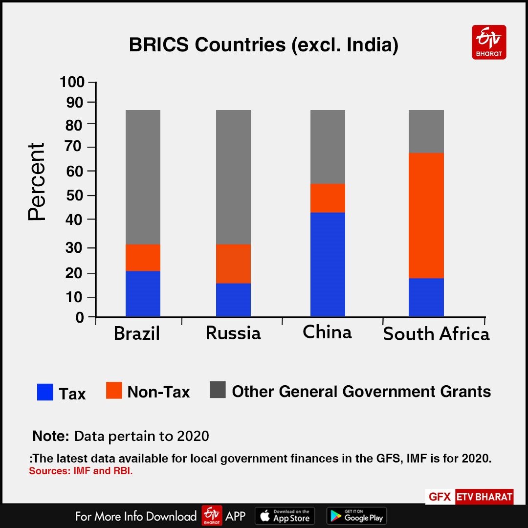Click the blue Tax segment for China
(x=328, y=264)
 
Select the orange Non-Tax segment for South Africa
(x=426, y=215)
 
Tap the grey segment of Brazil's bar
(x=143, y=177)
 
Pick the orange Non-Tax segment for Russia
(x=233, y=264)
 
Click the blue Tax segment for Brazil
(x=143, y=293)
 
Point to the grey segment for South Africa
(x=426, y=132)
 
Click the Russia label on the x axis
(x=233, y=333)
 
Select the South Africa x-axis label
(x=436, y=334)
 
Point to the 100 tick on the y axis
(x=72, y=82)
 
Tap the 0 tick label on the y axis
(x=80, y=318)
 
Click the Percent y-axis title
(x=37, y=182)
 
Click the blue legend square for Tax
(x=45, y=392)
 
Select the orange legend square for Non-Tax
(x=114, y=391)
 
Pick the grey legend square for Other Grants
(x=218, y=390)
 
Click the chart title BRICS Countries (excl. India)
(x=264, y=45)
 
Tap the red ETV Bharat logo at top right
(x=489, y=42)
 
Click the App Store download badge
(x=285, y=516)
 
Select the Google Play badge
(x=356, y=516)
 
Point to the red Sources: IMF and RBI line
(x=81, y=471)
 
